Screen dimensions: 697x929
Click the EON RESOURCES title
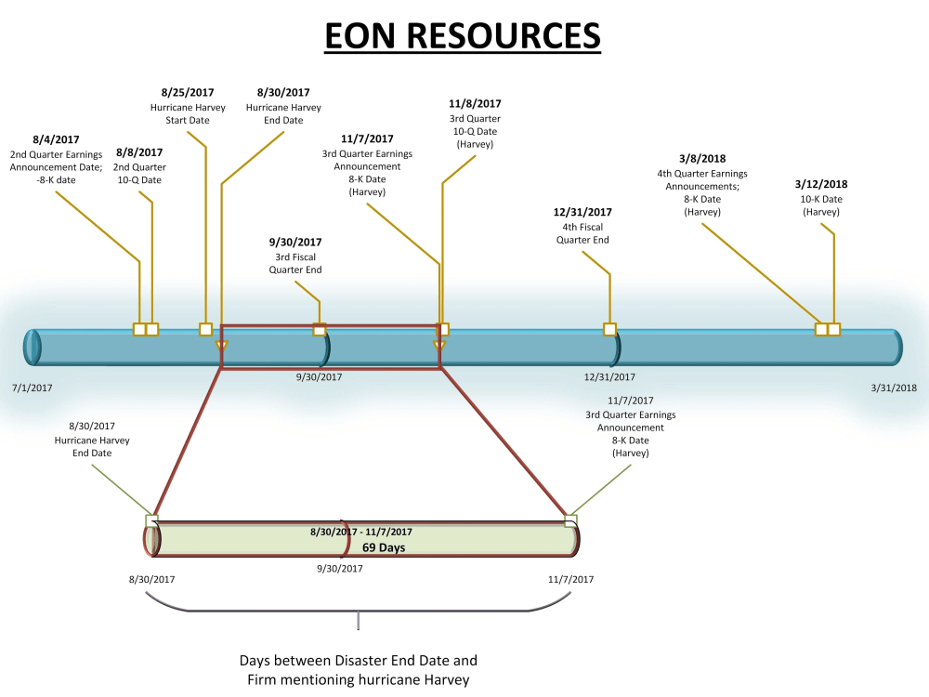click(463, 35)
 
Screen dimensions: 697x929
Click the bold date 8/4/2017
click(56, 139)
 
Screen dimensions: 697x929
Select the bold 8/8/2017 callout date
click(139, 152)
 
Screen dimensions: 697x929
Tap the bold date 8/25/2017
click(188, 93)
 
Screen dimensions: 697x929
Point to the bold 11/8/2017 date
click(475, 104)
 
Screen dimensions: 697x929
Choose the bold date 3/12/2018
click(821, 184)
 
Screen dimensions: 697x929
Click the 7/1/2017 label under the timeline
click(33, 388)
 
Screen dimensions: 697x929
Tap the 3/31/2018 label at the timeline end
click(894, 388)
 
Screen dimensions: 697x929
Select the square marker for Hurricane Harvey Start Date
click(205, 329)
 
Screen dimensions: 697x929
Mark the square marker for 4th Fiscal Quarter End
click(609, 329)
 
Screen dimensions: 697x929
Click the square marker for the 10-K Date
click(834, 329)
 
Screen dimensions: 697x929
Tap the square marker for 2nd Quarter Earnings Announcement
click(139, 329)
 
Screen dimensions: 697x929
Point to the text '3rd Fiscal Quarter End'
click(295, 263)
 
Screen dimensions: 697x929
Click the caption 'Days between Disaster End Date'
click(358, 661)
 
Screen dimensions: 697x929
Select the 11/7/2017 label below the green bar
click(570, 579)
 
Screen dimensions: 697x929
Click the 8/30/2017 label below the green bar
click(152, 579)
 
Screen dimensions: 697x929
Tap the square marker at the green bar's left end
click(152, 520)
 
